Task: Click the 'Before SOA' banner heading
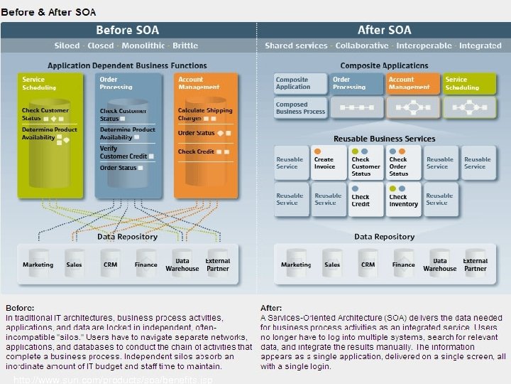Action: (128, 30)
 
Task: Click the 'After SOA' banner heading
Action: (384, 30)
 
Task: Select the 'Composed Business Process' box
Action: (300, 107)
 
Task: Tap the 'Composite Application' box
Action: (300, 83)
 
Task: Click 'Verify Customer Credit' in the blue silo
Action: (123, 152)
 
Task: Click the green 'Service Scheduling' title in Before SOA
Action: (39, 83)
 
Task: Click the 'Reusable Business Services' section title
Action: (384, 138)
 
